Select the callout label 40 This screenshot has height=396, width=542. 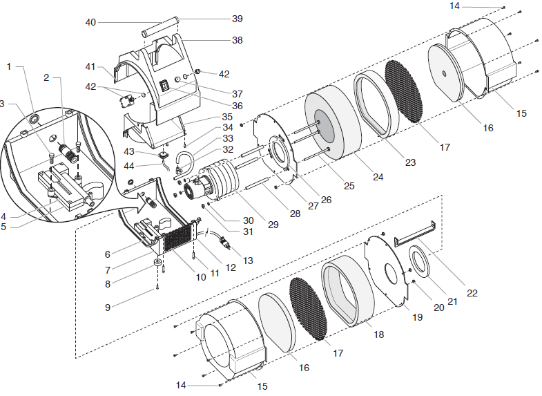90,22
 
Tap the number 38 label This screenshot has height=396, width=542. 238,40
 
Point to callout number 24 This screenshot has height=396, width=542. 377,177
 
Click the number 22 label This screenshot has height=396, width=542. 472,293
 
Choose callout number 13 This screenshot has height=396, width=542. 248,261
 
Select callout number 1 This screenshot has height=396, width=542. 9,66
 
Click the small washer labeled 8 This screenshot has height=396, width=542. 158,263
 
